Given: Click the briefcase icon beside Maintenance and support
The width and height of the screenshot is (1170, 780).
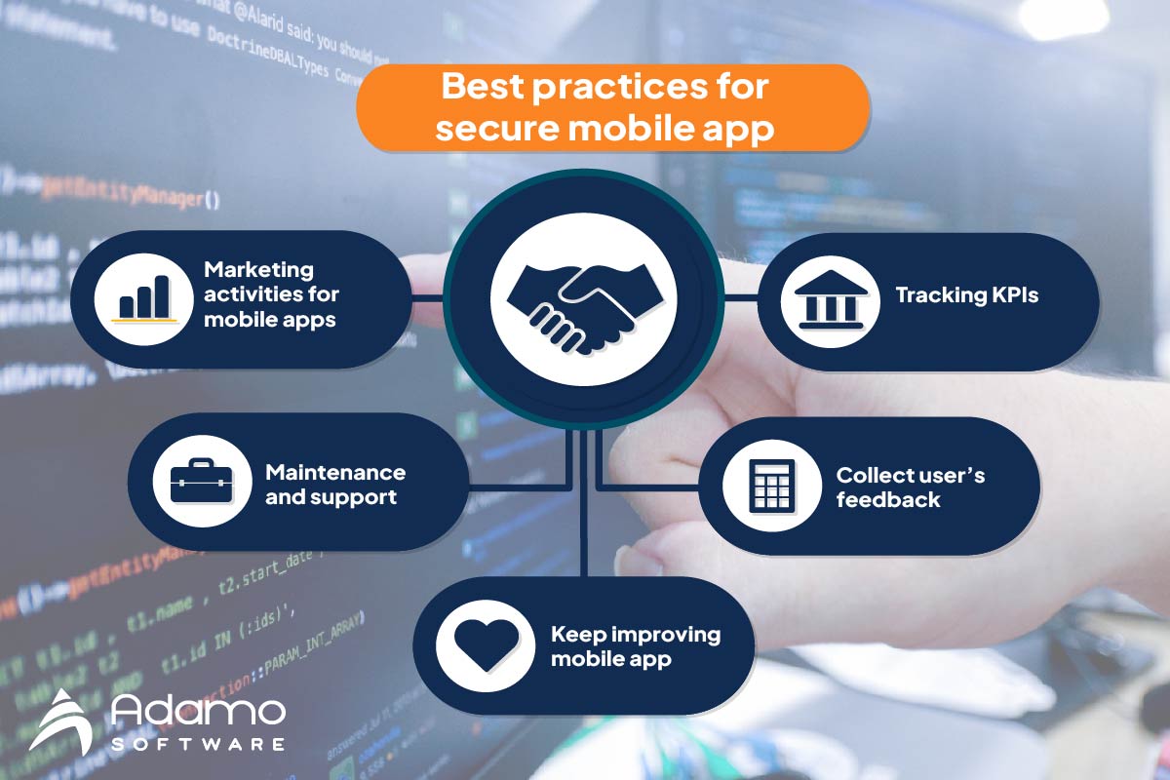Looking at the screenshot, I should point(201,484).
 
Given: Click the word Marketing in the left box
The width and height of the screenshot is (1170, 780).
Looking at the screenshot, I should point(258,270).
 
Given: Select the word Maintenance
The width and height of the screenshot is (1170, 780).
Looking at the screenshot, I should point(334,473).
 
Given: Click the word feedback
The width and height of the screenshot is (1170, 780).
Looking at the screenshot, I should point(888,500).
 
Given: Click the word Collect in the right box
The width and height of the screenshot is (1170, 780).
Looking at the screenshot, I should point(871,476).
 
